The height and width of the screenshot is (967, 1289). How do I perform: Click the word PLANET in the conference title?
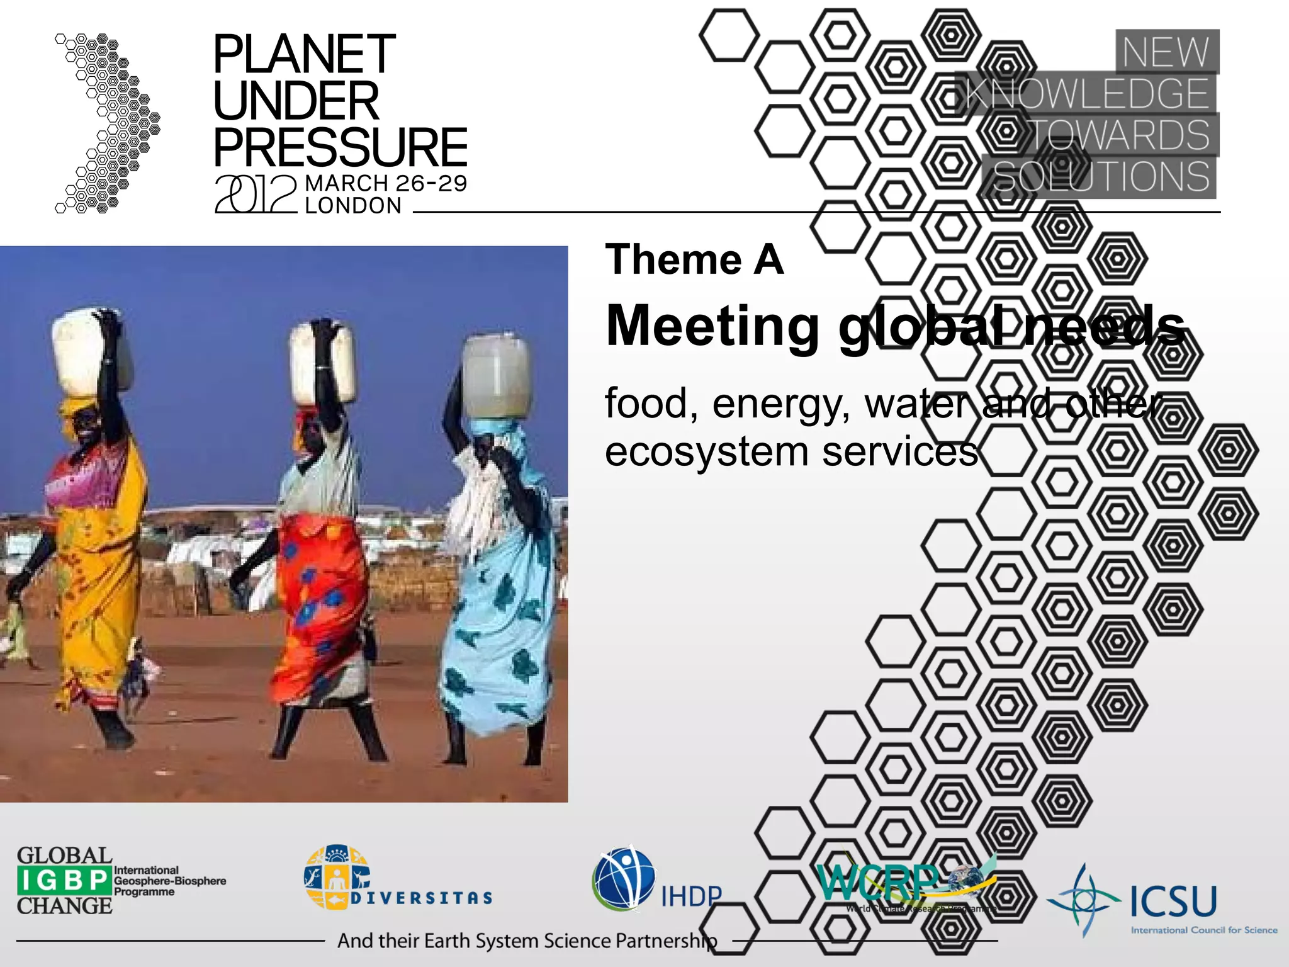[304, 55]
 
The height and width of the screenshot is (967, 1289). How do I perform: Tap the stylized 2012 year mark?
[256, 194]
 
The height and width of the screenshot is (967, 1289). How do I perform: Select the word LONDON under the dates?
[353, 206]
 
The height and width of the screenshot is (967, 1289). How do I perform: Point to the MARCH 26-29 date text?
[386, 183]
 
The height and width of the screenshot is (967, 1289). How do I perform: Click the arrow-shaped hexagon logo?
[108, 123]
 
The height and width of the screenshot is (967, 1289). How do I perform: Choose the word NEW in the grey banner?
[1166, 52]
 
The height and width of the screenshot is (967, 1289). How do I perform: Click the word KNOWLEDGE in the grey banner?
[1087, 94]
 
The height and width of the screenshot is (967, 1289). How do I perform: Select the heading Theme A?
[694, 259]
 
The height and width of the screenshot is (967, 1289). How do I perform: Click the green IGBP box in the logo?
[65, 880]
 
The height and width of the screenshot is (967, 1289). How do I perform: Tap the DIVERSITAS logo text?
[422, 898]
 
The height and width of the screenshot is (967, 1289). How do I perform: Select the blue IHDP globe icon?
[624, 879]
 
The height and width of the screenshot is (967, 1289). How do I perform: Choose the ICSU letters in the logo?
[1173, 902]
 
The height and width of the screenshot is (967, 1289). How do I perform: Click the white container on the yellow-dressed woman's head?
[91, 349]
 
